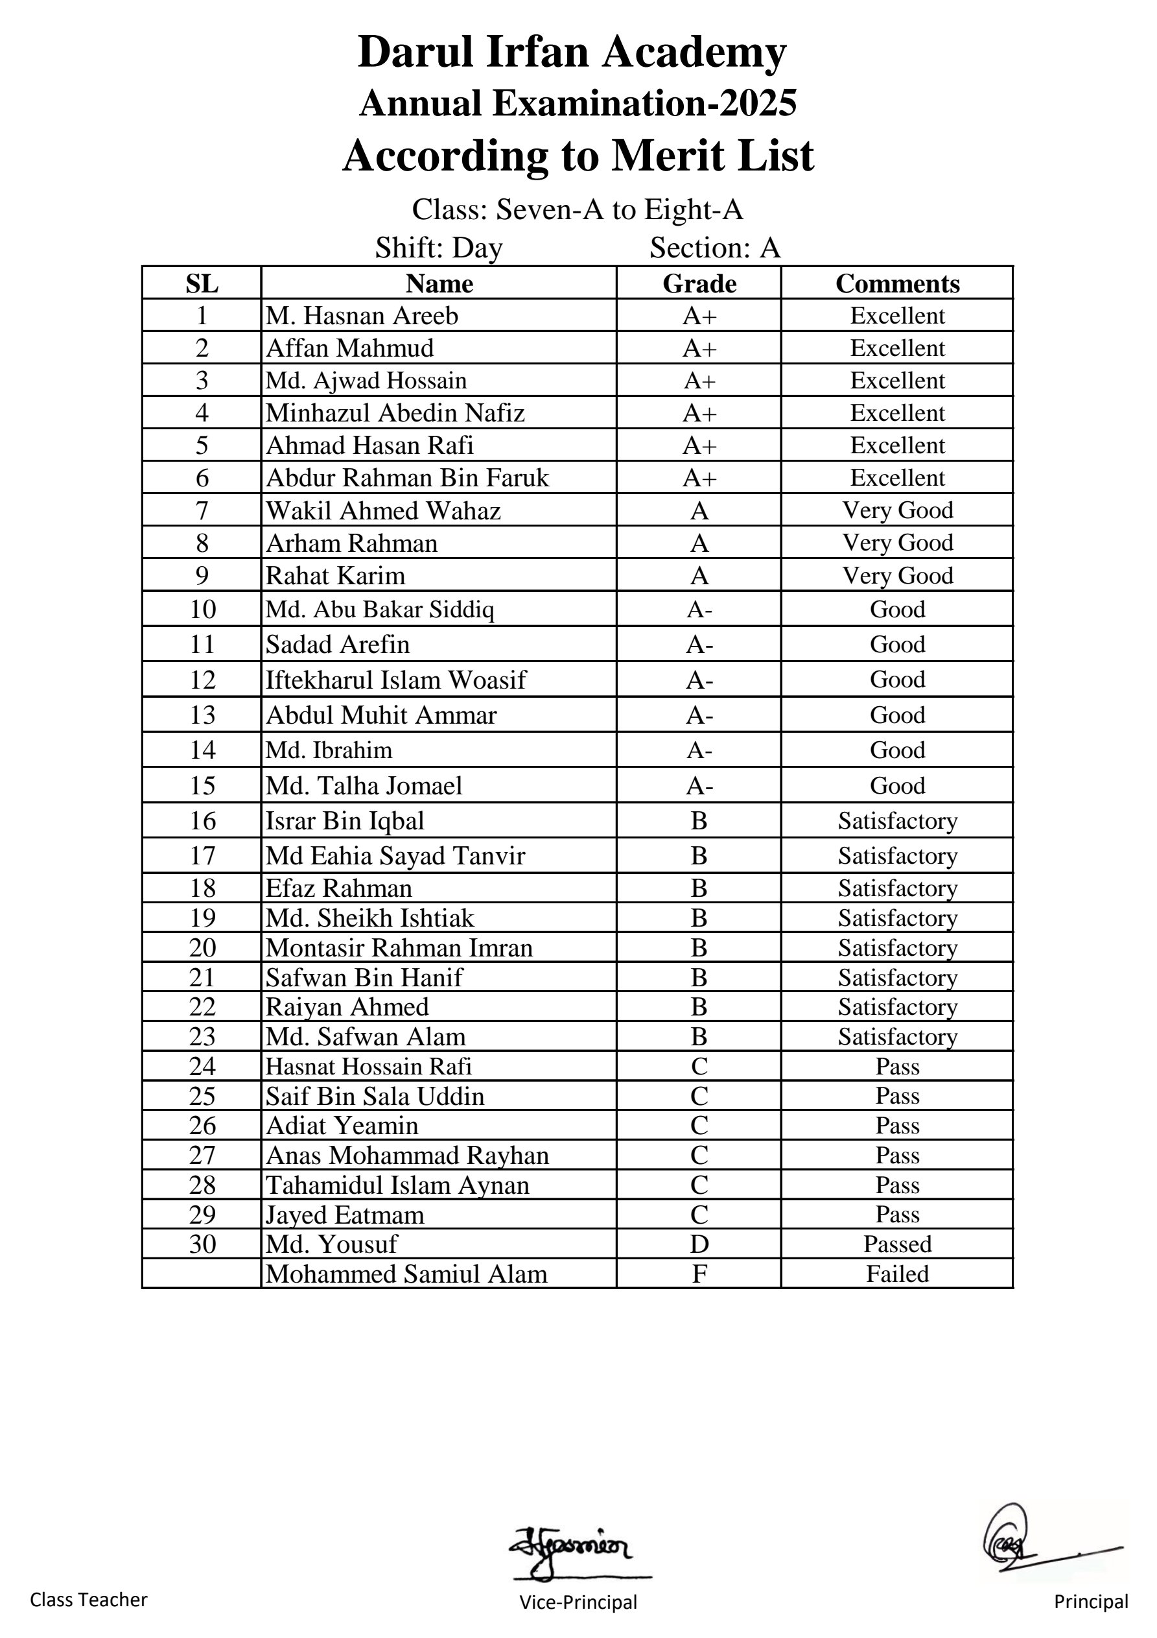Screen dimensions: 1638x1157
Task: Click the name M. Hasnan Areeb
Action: coord(362,315)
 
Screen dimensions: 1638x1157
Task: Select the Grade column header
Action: coord(699,283)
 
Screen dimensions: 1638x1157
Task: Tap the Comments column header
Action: coord(896,283)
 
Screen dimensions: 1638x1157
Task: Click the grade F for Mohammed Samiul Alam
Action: coord(699,1274)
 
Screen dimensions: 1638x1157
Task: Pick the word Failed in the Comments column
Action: coord(896,1274)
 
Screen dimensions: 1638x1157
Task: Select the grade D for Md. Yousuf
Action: coord(699,1244)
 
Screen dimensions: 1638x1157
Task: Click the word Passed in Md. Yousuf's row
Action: coord(896,1244)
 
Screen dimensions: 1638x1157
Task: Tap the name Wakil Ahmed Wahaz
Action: coord(383,511)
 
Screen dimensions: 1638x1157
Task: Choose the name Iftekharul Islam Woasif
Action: coord(395,680)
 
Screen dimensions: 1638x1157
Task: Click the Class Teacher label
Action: coord(88,1600)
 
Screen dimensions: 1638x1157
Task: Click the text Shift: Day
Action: coord(439,248)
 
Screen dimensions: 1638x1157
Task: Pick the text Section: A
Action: coord(715,248)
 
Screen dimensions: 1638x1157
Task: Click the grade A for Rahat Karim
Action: coord(699,576)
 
